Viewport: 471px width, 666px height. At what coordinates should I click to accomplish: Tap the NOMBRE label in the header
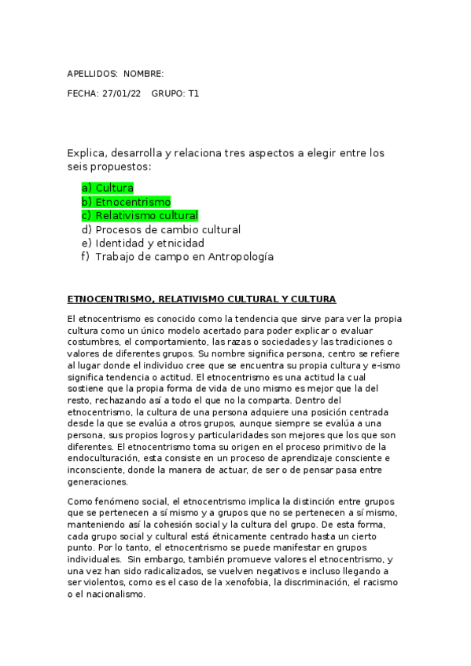pyautogui.click(x=143, y=74)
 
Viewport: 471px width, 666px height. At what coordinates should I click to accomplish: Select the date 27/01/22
pyautogui.click(x=122, y=93)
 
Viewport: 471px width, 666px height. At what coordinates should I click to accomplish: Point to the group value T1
pyautogui.click(x=193, y=93)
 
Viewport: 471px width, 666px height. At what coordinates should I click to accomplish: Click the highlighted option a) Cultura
pyautogui.click(x=108, y=188)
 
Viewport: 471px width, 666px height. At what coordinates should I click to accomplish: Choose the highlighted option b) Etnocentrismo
pyautogui.click(x=126, y=202)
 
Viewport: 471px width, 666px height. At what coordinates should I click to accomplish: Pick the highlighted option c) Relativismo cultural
pyautogui.click(x=140, y=216)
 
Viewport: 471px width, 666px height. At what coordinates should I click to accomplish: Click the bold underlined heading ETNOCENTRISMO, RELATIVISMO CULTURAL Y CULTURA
pyautogui.click(x=202, y=299)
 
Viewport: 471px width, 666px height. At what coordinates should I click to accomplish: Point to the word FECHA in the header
pyautogui.click(x=83, y=93)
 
